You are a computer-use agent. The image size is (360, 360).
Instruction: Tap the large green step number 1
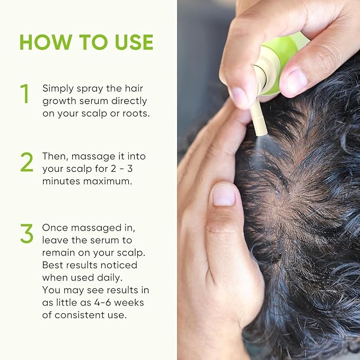tap(24, 94)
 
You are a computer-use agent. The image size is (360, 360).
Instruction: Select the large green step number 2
tap(27, 162)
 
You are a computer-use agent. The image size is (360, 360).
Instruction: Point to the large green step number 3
tap(27, 233)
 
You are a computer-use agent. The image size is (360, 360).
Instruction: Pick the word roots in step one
tap(134, 113)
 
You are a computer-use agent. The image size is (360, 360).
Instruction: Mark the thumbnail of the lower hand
tap(223, 195)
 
